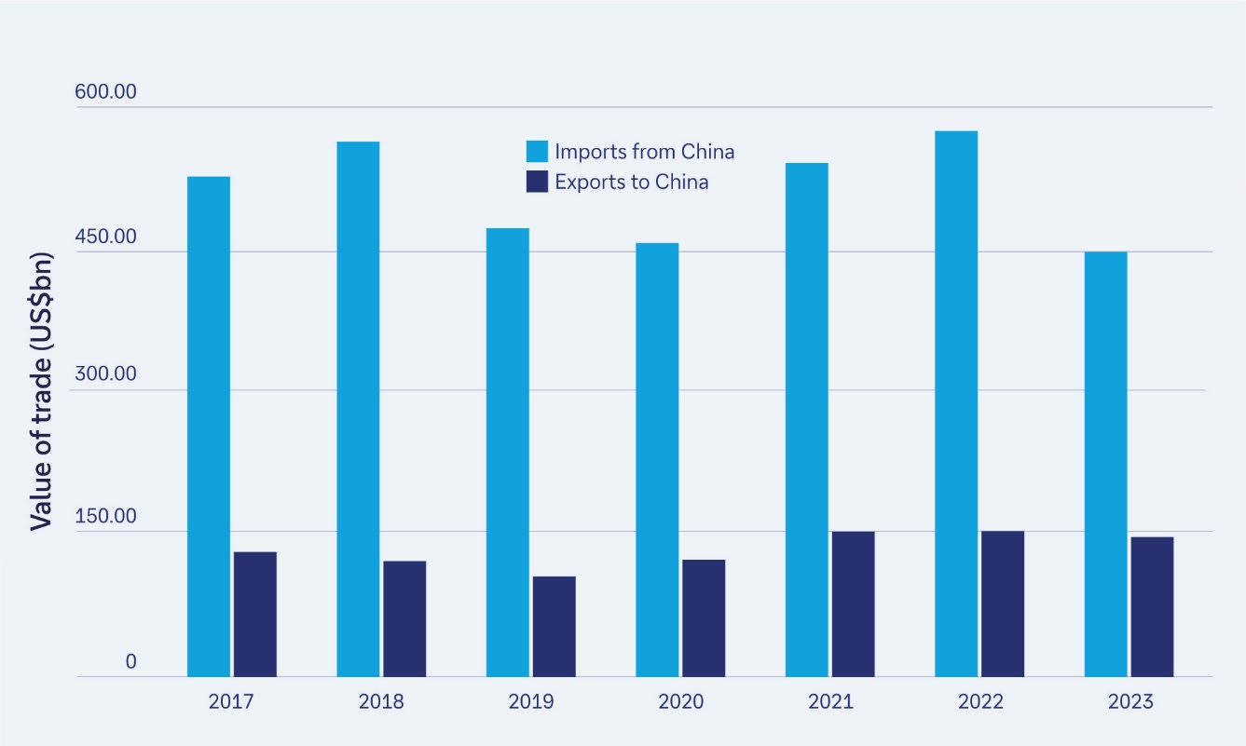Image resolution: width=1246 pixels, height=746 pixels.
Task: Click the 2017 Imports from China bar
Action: (208, 427)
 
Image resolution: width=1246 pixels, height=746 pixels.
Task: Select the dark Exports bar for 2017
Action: (255, 615)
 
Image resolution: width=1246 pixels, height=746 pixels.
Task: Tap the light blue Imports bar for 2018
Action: (358, 409)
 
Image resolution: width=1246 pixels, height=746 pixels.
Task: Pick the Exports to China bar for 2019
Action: (554, 627)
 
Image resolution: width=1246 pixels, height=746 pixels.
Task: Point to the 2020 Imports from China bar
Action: (657, 460)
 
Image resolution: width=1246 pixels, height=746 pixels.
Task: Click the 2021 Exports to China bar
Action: (853, 604)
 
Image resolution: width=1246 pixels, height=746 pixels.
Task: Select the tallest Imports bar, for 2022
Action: (956, 403)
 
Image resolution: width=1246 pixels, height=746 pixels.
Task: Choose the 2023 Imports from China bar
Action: (1105, 464)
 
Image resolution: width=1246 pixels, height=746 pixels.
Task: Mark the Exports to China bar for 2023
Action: (1152, 606)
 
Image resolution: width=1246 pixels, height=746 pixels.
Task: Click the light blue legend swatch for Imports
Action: (537, 152)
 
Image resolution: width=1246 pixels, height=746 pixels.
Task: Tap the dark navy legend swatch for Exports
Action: (537, 182)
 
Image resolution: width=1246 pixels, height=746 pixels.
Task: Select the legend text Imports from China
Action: (644, 152)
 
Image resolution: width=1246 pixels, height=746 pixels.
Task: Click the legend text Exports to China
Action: (631, 182)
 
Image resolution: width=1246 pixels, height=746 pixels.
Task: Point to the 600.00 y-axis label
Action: (105, 92)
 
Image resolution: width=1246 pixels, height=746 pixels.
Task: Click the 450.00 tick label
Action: (105, 237)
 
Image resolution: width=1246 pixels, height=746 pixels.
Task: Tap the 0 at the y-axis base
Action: (131, 662)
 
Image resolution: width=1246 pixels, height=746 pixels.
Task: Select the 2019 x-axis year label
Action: (530, 701)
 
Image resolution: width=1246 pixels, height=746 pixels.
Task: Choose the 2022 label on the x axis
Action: (979, 701)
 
